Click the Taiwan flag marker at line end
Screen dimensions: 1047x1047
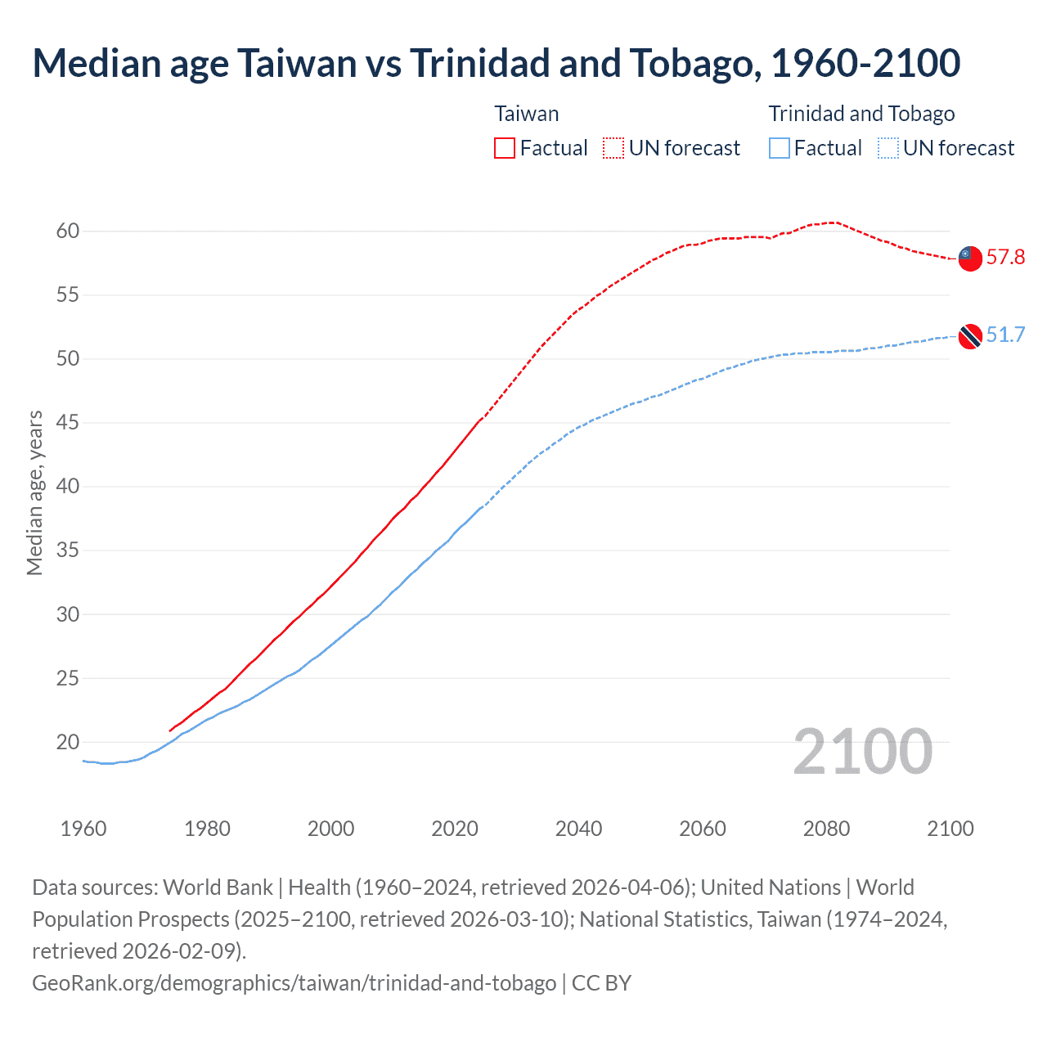pos(969,258)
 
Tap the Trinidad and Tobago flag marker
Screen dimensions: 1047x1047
pos(969,335)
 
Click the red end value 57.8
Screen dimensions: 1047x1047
pos(1005,258)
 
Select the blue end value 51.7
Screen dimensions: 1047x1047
pos(1005,335)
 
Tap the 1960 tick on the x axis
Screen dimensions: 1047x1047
pos(83,829)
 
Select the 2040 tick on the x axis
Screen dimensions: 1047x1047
pos(578,829)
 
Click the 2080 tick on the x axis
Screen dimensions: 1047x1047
pos(826,829)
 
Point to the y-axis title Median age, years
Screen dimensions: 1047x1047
pos(35,493)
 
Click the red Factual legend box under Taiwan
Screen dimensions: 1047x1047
pos(505,148)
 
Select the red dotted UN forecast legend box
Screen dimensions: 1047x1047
pos(613,148)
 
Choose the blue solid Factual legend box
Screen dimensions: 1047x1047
pos(780,148)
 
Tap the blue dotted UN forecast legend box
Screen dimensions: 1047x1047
pos(888,148)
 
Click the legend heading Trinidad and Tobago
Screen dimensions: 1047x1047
pos(861,114)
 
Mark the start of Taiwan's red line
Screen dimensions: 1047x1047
pos(170,730)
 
